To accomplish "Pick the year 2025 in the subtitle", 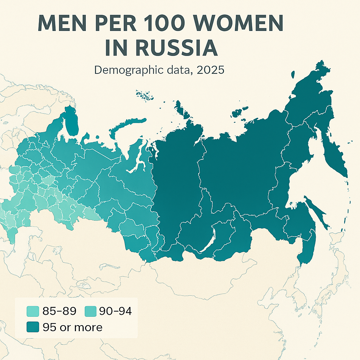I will [x=210, y=70].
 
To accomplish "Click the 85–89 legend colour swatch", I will [x=32, y=311].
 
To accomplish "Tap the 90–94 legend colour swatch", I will [x=91, y=311].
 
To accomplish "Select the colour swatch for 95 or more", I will [x=32, y=327].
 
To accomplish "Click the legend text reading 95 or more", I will [x=72, y=327].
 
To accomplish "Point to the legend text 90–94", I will [x=115, y=311].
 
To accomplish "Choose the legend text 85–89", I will [x=58, y=311].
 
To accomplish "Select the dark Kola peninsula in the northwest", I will [x=72, y=123].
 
